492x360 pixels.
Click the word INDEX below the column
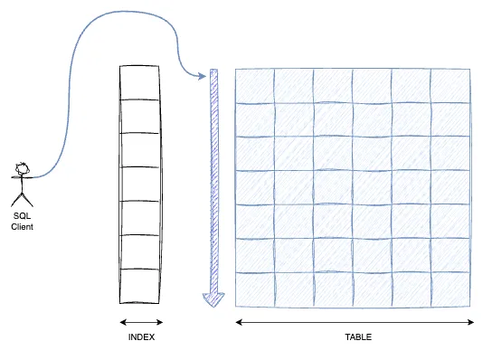point(141,337)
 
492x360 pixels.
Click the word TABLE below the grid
point(358,337)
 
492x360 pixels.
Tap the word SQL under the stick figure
point(22,216)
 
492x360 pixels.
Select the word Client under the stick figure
point(22,227)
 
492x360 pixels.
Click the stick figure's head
point(23,169)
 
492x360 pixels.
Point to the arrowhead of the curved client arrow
point(203,76)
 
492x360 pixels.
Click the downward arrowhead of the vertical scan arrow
point(213,299)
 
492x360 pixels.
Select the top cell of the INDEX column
point(139,82)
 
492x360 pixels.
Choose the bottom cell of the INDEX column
point(139,286)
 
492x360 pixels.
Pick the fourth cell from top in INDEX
point(139,185)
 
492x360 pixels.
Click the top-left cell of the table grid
point(255,86)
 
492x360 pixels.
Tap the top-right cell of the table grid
point(450,86)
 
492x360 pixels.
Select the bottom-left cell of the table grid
point(255,289)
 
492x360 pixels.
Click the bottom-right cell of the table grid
point(450,289)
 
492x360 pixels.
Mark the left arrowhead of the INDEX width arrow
point(123,322)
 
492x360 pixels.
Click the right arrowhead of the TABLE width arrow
point(470,322)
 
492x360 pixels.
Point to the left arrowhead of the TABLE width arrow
point(239,322)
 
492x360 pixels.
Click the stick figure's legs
point(22,200)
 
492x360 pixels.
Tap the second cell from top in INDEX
point(139,117)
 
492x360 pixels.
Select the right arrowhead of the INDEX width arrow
point(159,322)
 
